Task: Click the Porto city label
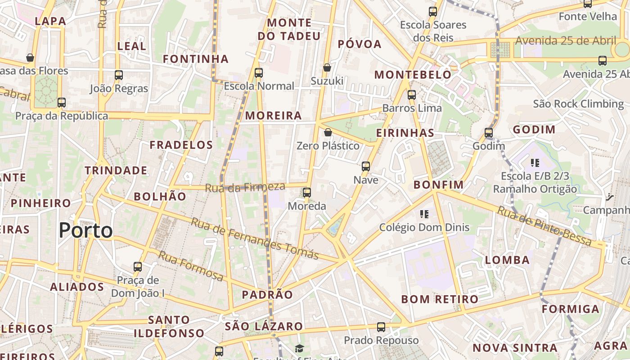click(x=85, y=230)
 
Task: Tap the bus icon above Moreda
click(x=307, y=193)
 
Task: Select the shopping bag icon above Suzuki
click(x=327, y=67)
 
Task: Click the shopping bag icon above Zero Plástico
click(x=328, y=132)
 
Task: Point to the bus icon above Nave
click(x=366, y=166)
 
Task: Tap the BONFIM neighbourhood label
click(x=438, y=184)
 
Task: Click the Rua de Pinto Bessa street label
click(x=544, y=226)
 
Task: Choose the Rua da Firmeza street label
click(x=245, y=187)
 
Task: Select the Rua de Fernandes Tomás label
click(x=255, y=238)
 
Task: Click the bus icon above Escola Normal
click(x=258, y=72)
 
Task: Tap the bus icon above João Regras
click(x=119, y=75)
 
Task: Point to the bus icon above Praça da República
click(x=62, y=103)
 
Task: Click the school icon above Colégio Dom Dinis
click(x=424, y=214)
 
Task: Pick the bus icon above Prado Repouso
click(x=381, y=327)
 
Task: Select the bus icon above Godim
click(x=489, y=133)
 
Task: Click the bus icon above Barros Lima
click(x=412, y=95)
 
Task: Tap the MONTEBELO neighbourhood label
click(x=413, y=75)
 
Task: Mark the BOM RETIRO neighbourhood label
click(x=440, y=299)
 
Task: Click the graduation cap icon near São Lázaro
click(x=299, y=348)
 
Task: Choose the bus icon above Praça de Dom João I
click(x=138, y=267)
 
